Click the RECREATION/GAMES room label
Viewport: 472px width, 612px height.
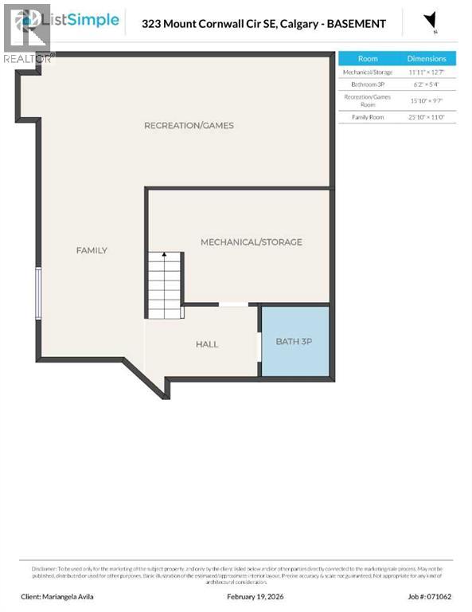click(189, 125)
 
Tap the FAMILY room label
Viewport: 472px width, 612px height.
click(92, 250)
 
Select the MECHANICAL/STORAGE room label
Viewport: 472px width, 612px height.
click(251, 241)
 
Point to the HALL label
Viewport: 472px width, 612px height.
click(207, 344)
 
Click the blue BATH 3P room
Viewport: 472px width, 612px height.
click(295, 342)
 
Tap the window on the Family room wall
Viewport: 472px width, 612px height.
click(38, 293)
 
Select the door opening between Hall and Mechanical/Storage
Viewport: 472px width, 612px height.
click(233, 304)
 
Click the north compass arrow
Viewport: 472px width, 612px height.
click(432, 22)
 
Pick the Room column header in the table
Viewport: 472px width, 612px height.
click(368, 58)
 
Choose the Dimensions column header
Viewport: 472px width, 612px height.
click(427, 58)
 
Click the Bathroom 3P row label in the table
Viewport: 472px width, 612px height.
click(368, 86)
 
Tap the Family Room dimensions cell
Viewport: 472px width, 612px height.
click(427, 117)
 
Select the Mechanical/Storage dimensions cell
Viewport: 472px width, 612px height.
click(427, 72)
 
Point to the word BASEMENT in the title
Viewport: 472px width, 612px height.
click(359, 24)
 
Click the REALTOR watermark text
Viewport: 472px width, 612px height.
click(29, 58)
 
